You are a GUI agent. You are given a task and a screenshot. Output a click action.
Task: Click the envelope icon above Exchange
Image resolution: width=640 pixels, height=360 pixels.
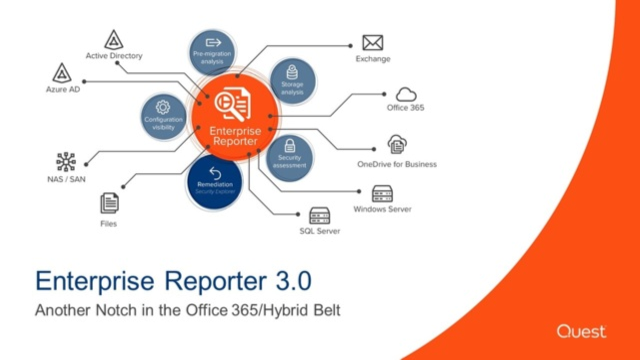[x=372, y=43]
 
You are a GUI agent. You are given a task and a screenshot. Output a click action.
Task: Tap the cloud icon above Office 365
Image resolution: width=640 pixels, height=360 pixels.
[x=406, y=94]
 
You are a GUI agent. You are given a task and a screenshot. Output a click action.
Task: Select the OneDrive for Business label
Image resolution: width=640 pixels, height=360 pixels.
[x=396, y=164]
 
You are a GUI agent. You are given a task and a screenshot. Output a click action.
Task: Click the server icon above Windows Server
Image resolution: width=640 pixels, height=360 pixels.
[x=382, y=193]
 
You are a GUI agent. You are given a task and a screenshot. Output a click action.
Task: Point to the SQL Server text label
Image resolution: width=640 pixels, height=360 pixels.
[x=319, y=231]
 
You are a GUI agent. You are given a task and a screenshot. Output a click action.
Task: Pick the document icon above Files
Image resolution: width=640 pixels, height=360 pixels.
[x=109, y=203]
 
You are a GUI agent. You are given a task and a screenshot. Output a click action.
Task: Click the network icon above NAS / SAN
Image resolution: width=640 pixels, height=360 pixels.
[x=65, y=162]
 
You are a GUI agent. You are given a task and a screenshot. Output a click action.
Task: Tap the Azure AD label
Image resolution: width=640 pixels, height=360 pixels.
[x=62, y=89]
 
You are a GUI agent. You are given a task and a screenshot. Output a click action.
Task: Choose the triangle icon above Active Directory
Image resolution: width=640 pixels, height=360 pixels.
[x=113, y=40]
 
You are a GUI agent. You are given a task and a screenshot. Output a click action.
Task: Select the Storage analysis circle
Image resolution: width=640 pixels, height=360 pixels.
[x=292, y=81]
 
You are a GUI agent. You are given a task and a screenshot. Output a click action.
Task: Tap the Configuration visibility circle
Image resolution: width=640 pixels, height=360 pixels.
[x=163, y=117]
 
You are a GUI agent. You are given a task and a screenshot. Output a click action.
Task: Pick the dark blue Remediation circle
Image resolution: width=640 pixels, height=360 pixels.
[x=214, y=182]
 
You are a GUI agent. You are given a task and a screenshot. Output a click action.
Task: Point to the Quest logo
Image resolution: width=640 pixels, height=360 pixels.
[x=581, y=331]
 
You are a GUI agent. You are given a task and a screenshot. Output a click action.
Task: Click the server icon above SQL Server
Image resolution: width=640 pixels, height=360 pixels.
[x=319, y=215]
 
